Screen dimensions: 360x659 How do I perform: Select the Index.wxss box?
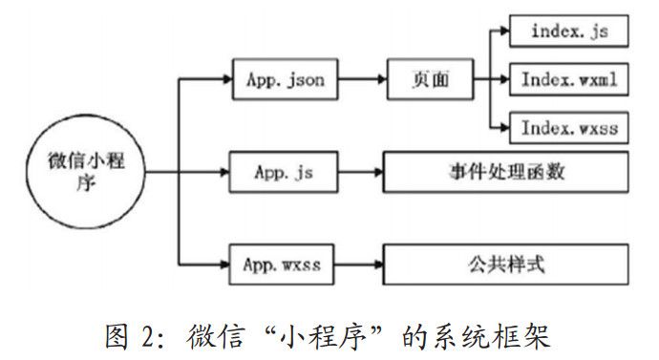tap(569, 127)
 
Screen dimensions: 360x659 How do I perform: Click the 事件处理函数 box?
tap(506, 173)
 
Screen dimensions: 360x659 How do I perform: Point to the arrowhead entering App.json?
tap(226, 81)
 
